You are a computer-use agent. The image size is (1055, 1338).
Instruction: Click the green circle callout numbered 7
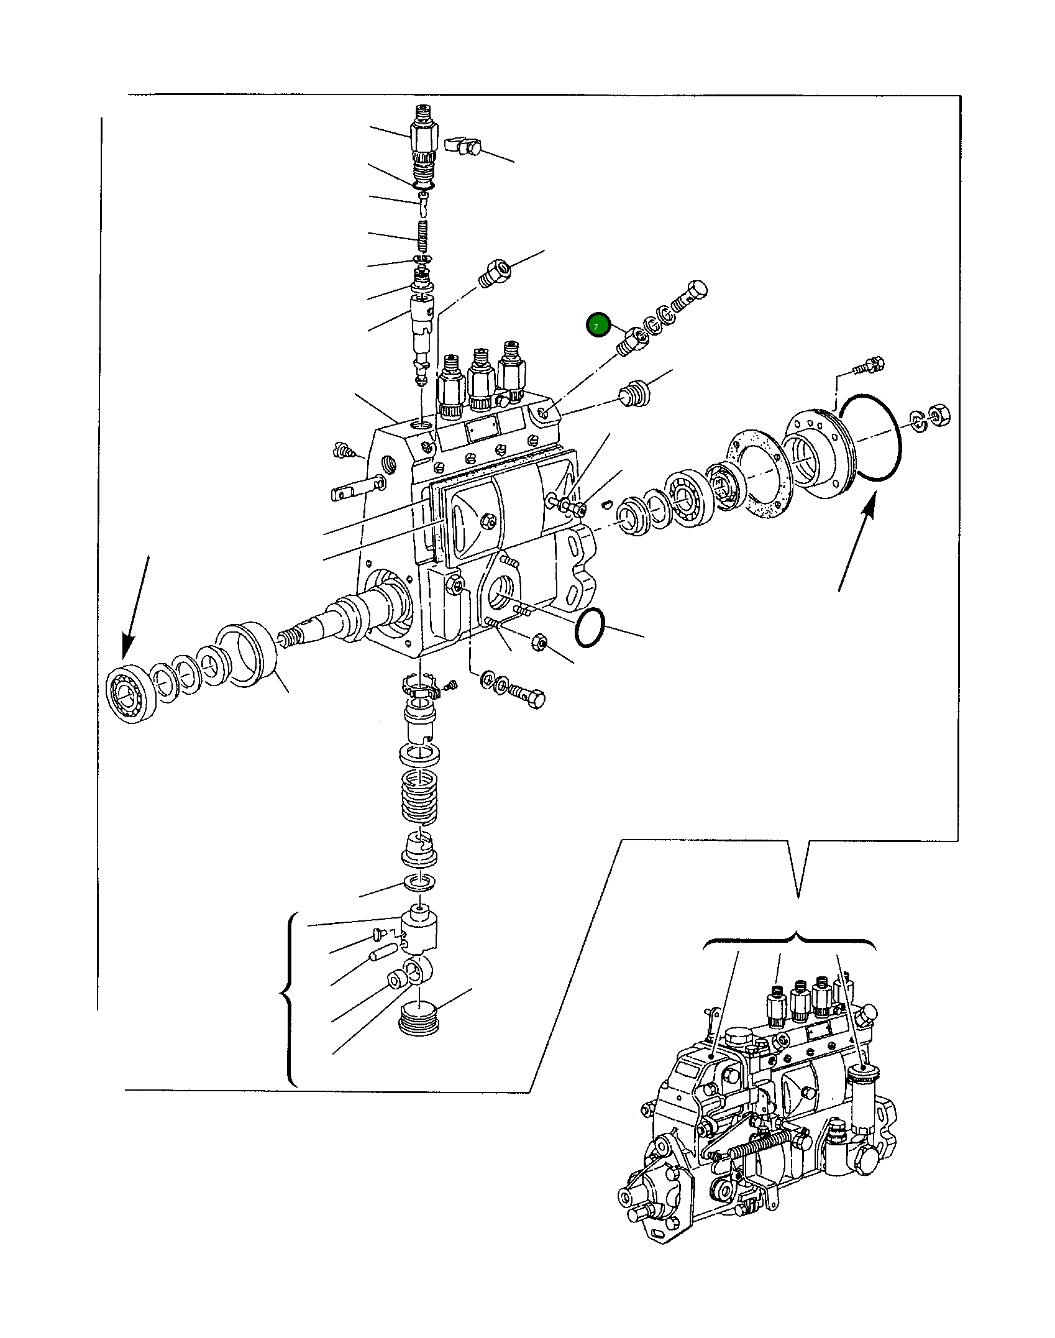[598, 325]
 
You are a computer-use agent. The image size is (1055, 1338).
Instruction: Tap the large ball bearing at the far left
[129, 695]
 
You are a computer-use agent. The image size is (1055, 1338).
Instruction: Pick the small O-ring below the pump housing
[590, 628]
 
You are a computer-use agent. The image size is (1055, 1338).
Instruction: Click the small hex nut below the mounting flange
[539, 643]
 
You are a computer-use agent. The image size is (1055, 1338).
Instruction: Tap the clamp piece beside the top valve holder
[464, 145]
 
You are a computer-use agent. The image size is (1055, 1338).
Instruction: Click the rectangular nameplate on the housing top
[483, 429]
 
